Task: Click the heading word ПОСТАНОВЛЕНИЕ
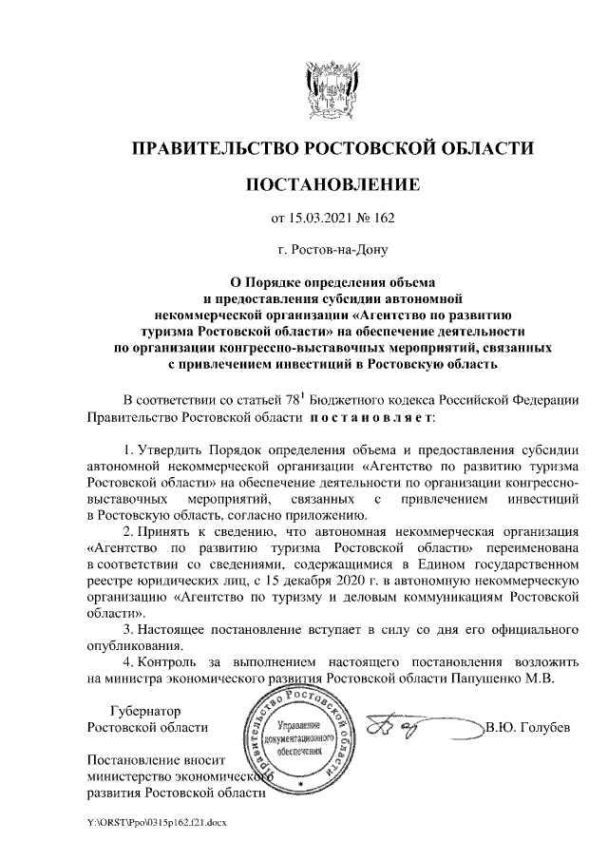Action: point(332,183)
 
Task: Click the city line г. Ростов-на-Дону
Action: point(332,252)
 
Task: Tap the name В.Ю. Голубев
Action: point(527,728)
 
